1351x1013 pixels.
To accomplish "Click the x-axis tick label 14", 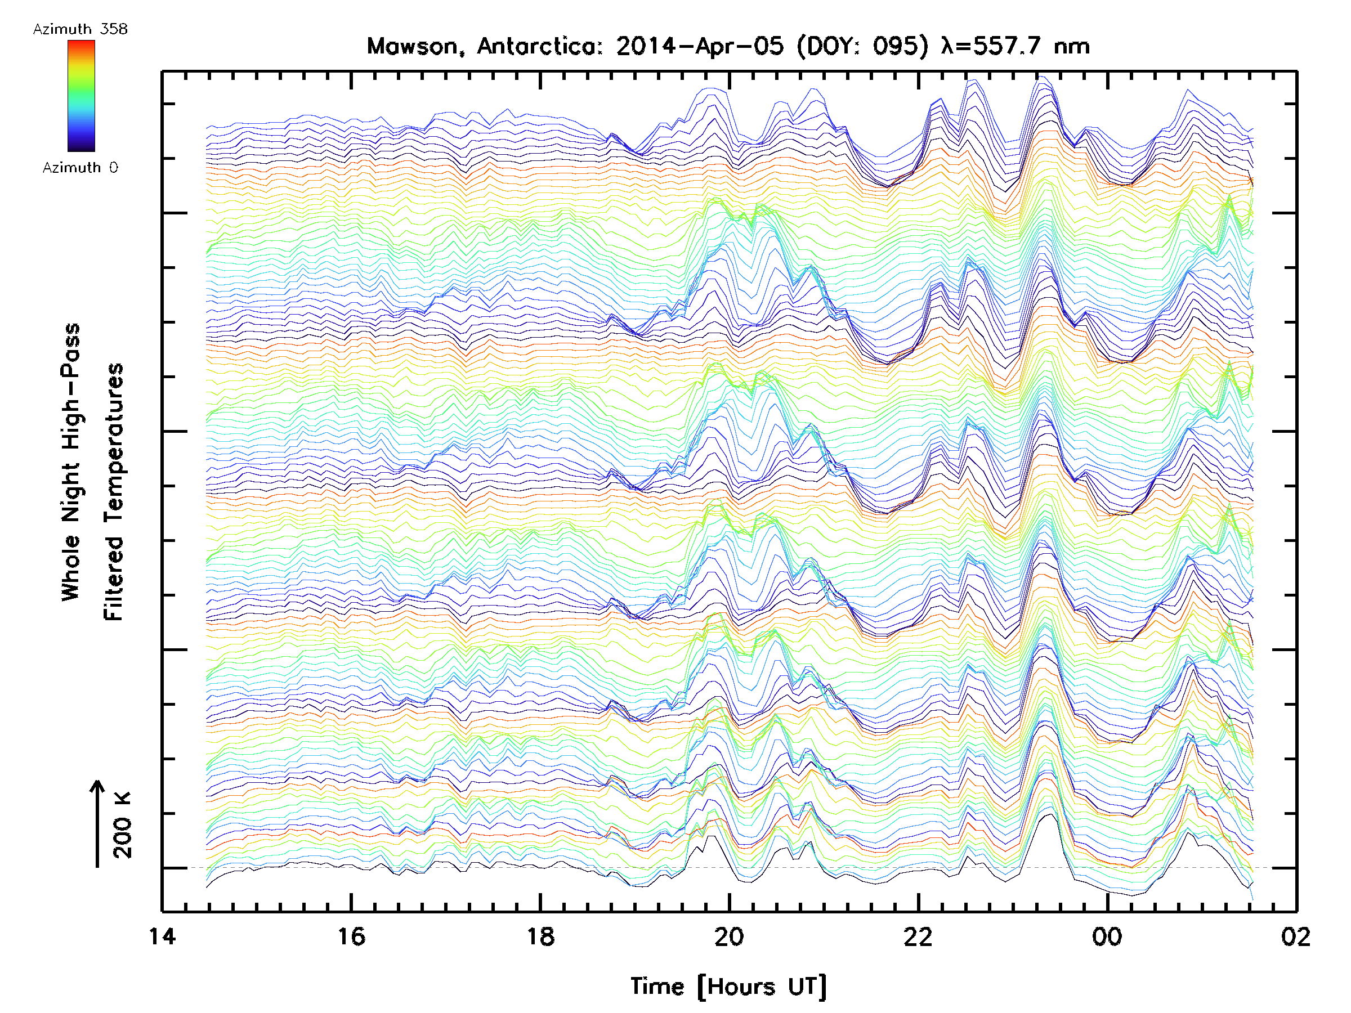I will coord(162,936).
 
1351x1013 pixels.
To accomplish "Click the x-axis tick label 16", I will coord(351,936).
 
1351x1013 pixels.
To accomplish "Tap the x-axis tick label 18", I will coord(540,936).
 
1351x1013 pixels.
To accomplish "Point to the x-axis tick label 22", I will coord(918,936).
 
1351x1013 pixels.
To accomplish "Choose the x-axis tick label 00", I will coord(1107,936).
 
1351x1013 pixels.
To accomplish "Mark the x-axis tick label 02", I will coord(1295,936).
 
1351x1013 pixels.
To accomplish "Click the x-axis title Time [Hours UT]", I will coord(728,987).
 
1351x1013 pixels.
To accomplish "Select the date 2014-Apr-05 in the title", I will coord(700,46).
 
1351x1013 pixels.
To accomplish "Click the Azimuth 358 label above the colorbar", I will coord(80,29).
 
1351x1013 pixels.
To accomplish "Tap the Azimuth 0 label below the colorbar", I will coord(80,168).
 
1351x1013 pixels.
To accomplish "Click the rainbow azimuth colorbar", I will coord(81,96).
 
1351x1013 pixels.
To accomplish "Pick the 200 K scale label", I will coord(123,825).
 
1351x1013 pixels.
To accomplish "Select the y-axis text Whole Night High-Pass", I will coord(71,462).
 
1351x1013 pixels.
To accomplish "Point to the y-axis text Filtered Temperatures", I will coord(114,492).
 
